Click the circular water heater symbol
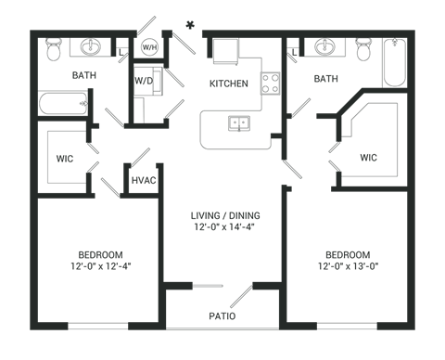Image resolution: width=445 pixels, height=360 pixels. pyautogui.click(x=147, y=46)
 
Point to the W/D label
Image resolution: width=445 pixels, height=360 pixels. pyautogui.click(x=143, y=81)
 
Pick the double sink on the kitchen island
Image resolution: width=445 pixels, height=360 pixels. pyautogui.click(x=238, y=122)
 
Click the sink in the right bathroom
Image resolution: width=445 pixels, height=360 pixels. pyautogui.click(x=324, y=46)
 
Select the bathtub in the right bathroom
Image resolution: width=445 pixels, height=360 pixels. pyautogui.click(x=395, y=67)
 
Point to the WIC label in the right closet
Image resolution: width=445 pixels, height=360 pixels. pyautogui.click(x=368, y=157)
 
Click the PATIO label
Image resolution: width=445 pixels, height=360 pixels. pyautogui.click(x=222, y=316)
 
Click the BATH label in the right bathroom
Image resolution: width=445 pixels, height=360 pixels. pyautogui.click(x=325, y=80)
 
